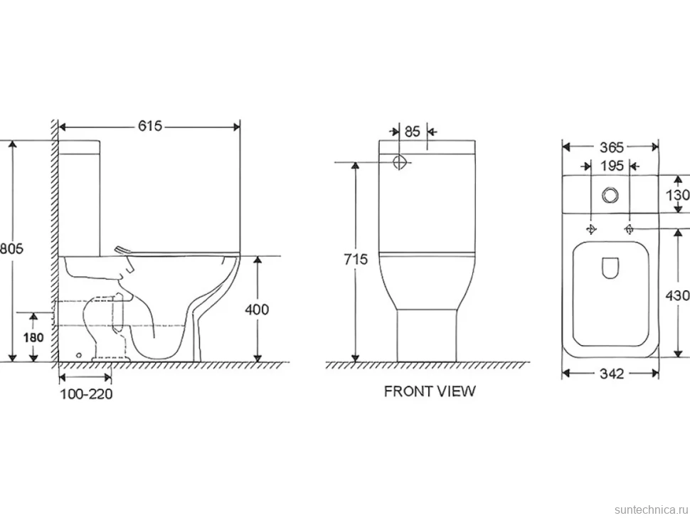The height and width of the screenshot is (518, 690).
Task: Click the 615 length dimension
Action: [150, 127]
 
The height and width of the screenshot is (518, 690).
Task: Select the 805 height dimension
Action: [11, 248]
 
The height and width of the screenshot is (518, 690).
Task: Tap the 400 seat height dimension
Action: [257, 310]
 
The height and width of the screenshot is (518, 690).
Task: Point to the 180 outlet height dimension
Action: [33, 337]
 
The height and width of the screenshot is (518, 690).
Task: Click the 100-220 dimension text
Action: [86, 393]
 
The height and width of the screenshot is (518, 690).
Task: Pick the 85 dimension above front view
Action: [413, 131]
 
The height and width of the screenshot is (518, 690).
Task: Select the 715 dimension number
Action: [356, 260]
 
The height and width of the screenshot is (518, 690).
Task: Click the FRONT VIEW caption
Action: [430, 391]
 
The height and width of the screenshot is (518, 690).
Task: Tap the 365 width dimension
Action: [612, 147]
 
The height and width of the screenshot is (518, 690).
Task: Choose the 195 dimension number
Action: [612, 166]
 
